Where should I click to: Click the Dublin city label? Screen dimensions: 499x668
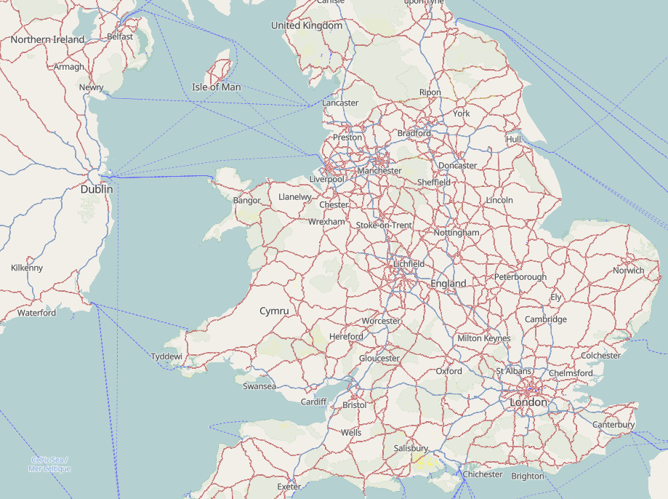pyautogui.click(x=97, y=189)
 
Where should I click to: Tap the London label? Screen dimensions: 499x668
pyautogui.click(x=528, y=402)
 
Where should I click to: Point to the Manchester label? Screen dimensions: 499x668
pyautogui.click(x=379, y=171)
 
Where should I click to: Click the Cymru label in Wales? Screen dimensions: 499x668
pyautogui.click(x=274, y=311)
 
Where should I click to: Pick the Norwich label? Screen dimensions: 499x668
pyautogui.click(x=628, y=271)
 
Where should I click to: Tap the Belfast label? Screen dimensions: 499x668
pyautogui.click(x=120, y=36)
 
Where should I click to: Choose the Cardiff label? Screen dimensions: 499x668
pyautogui.click(x=314, y=402)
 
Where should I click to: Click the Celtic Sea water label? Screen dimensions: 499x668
pyautogui.click(x=49, y=464)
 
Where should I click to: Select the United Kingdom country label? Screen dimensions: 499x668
pyautogui.click(x=306, y=25)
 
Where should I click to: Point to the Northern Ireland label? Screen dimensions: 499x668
pyautogui.click(x=47, y=39)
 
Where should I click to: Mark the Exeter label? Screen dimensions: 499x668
pyautogui.click(x=289, y=486)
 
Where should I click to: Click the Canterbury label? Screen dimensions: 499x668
pyautogui.click(x=613, y=424)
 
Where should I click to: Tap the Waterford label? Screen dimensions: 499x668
pyautogui.click(x=36, y=313)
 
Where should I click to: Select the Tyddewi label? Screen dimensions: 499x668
pyautogui.click(x=166, y=356)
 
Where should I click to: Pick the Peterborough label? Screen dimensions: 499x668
pyautogui.click(x=520, y=277)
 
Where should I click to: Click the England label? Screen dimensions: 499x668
pyautogui.click(x=448, y=283)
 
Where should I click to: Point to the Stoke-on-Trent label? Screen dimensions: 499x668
pyautogui.click(x=384, y=225)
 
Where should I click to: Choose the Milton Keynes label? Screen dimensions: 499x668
pyautogui.click(x=483, y=338)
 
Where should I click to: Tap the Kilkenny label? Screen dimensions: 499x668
pyautogui.click(x=27, y=268)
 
